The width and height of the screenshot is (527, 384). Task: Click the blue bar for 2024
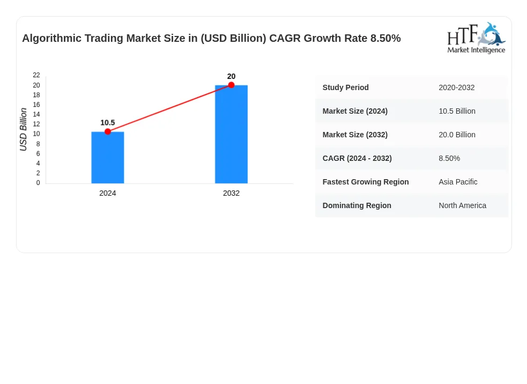[x=108, y=157]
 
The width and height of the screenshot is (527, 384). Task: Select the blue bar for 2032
[x=231, y=134]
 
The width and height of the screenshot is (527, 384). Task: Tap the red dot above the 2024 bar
[x=108, y=131]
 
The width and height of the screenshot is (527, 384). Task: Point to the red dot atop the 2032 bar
[x=231, y=85]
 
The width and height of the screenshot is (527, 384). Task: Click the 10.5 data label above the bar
[x=108, y=123]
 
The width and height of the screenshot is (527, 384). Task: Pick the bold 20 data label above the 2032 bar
[x=231, y=76]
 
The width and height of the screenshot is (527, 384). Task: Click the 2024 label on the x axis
[x=108, y=194]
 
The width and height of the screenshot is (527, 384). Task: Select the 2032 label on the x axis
[x=231, y=194]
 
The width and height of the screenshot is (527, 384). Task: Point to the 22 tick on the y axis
[x=36, y=75]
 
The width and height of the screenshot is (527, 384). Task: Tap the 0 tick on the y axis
[x=38, y=183]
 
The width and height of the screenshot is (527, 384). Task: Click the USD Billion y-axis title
[x=23, y=129]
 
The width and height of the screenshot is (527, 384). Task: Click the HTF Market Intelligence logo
[x=476, y=38]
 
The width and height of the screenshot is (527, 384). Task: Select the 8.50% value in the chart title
[x=385, y=38]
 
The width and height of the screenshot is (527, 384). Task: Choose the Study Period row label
[x=345, y=87]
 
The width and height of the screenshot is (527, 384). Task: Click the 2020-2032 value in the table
[x=457, y=87]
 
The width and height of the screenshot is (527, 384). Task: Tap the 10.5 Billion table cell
[x=457, y=111]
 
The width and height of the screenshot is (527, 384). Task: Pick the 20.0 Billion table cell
[x=457, y=135]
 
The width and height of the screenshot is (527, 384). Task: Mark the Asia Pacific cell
[x=458, y=182]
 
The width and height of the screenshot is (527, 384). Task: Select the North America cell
[x=463, y=205]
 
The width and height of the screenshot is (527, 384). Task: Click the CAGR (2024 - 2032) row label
[x=357, y=158]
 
